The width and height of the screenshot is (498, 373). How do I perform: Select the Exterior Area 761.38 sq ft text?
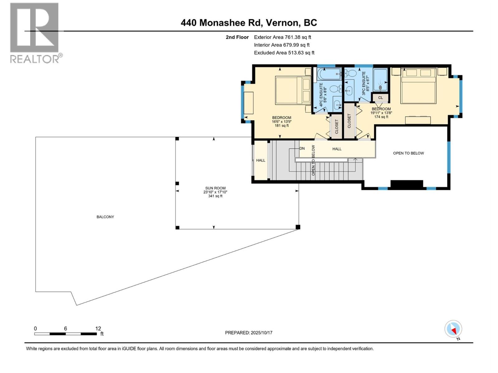pos(282,37)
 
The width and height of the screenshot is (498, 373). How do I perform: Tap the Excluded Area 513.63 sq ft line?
pos(284,53)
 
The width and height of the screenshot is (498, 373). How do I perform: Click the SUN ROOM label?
pos(215,188)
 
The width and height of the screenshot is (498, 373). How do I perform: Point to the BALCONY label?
pos(105,217)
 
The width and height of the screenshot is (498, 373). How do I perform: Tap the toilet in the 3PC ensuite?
pos(351,74)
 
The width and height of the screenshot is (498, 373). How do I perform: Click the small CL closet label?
pos(380,98)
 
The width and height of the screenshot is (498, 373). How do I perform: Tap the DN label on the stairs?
pos(302,149)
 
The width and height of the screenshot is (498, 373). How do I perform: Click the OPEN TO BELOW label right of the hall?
pos(408,153)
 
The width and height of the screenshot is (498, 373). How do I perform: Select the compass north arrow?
pos(453,329)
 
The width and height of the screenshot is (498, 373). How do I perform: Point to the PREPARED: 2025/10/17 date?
pos(249,333)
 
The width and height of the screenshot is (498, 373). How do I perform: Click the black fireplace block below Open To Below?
pos(406,184)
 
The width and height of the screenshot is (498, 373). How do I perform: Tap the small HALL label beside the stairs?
pos(261,160)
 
